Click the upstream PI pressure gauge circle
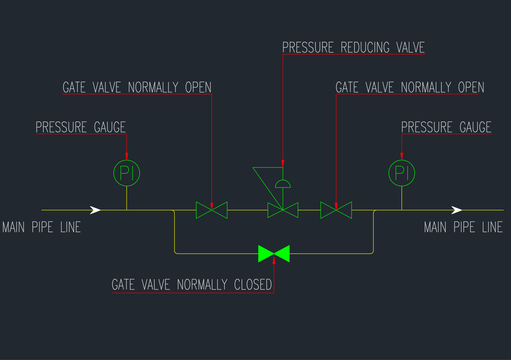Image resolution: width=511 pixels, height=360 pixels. (126, 173)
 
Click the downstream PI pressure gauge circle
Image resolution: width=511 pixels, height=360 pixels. (402, 173)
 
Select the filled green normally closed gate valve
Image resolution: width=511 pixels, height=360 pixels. (274, 253)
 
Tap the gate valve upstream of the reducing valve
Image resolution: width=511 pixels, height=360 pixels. (212, 210)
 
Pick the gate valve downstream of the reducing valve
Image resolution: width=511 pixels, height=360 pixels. (336, 210)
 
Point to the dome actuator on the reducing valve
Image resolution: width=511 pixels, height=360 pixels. (283, 184)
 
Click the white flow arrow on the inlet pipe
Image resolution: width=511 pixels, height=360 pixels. (95, 210)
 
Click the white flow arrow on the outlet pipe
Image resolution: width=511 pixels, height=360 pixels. (457, 210)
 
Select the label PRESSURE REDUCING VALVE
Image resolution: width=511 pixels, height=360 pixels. (353, 47)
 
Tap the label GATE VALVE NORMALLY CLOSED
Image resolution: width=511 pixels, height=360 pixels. (192, 285)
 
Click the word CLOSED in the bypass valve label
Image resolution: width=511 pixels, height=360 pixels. (253, 285)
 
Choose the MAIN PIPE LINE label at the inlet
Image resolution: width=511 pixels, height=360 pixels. (41, 227)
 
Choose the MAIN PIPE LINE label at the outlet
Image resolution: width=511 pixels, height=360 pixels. (463, 227)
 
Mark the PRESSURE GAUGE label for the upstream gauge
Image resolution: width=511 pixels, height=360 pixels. (81, 127)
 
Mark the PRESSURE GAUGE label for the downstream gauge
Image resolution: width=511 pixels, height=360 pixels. (446, 127)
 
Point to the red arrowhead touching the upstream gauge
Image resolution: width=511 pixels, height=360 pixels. (127, 156)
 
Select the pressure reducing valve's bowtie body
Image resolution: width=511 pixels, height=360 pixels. (283, 210)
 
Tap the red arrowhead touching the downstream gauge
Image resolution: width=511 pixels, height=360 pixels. (402, 156)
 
